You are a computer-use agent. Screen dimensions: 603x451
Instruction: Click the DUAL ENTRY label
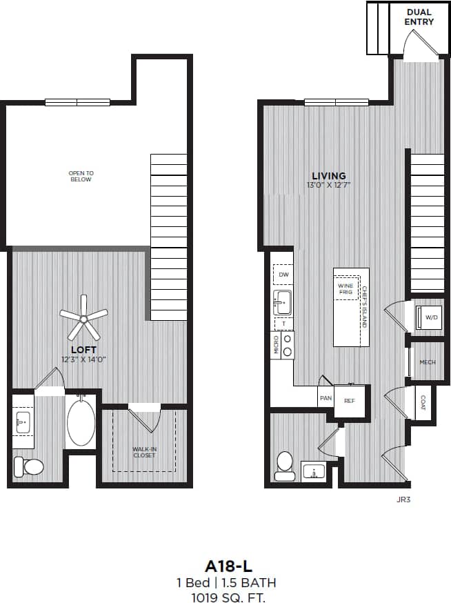tap(419, 17)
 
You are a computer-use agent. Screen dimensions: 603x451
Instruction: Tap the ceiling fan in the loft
tap(83, 318)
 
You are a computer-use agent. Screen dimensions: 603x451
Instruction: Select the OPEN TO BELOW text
tap(80, 176)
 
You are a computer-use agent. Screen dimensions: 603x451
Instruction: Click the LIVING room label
tap(328, 176)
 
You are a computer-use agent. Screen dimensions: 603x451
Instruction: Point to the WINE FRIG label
tap(345, 288)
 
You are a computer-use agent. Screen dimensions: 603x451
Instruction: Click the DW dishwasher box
tap(283, 275)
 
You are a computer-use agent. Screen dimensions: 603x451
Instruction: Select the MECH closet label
tap(428, 362)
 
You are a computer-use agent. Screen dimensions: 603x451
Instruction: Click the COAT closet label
tap(423, 402)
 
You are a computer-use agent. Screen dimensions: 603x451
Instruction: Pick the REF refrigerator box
tap(350, 400)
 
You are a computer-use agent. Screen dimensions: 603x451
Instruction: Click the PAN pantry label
tap(325, 399)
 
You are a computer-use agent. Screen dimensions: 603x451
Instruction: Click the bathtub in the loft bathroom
tap(81, 422)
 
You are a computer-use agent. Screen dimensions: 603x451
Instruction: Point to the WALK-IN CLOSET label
tap(144, 452)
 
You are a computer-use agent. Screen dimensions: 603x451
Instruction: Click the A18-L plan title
tap(225, 565)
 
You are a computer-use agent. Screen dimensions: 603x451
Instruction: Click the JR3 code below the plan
tap(404, 497)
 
